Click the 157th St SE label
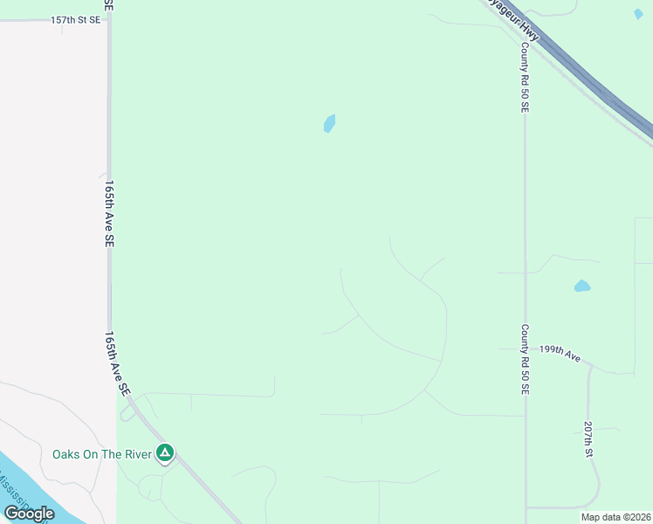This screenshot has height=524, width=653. point(75,19)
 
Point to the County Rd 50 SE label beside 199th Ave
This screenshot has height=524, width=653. point(526,360)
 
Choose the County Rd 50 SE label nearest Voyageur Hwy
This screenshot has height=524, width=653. point(525,79)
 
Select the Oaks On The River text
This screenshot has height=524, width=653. point(101,454)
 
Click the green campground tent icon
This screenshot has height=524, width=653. point(165,453)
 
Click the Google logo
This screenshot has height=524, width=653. point(29,514)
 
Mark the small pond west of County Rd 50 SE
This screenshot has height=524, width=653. point(329,123)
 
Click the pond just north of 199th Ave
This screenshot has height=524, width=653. point(581,286)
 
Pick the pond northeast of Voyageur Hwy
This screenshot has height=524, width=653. point(638,14)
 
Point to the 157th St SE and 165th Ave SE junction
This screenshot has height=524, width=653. point(108,19)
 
